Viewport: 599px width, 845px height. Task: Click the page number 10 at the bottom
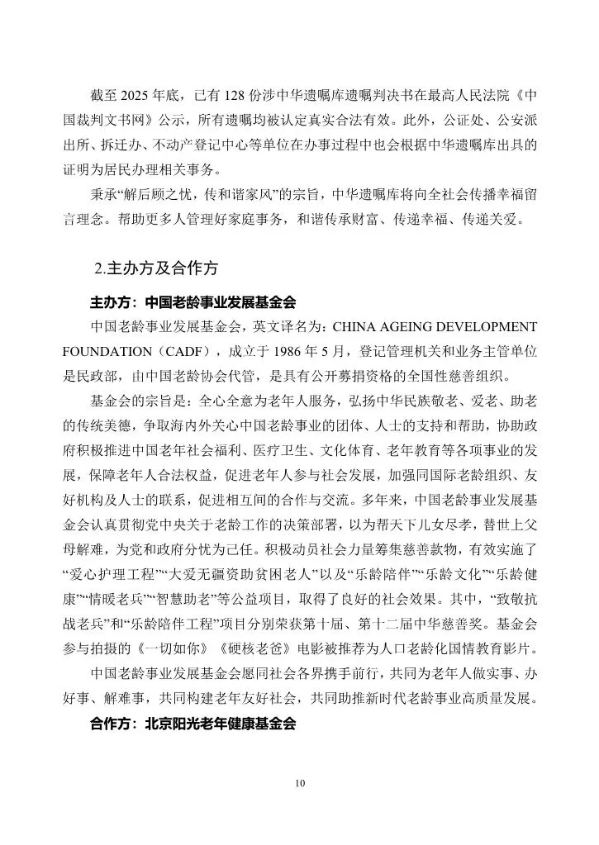(299, 784)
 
